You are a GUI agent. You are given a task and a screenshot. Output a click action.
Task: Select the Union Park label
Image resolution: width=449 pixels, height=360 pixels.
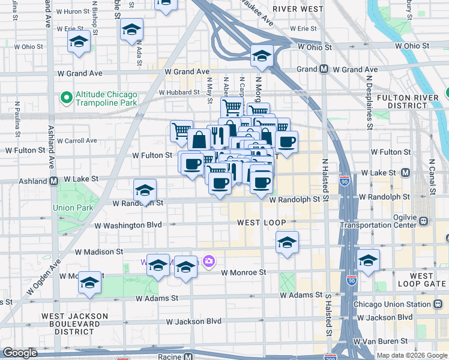click(72, 208)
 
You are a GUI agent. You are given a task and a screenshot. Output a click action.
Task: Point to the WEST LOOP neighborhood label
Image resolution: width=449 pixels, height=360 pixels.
click(256, 223)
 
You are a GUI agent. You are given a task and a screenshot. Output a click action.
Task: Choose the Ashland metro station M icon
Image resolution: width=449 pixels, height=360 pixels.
click(53, 181)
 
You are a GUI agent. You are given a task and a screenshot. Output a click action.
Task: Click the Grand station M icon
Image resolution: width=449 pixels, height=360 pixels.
click(324, 70)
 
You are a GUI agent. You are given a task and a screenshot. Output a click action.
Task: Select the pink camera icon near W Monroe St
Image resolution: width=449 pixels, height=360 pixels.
click(209, 261)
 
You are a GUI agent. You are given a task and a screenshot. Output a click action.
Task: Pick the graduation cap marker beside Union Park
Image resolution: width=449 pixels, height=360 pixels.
click(145, 191)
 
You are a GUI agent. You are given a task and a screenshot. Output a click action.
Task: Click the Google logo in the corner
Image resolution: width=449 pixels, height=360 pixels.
click(20, 353)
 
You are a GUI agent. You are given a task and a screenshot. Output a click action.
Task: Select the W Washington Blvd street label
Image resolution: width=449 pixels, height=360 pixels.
click(128, 224)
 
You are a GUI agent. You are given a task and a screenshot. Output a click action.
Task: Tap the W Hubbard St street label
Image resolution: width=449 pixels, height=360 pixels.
click(179, 92)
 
